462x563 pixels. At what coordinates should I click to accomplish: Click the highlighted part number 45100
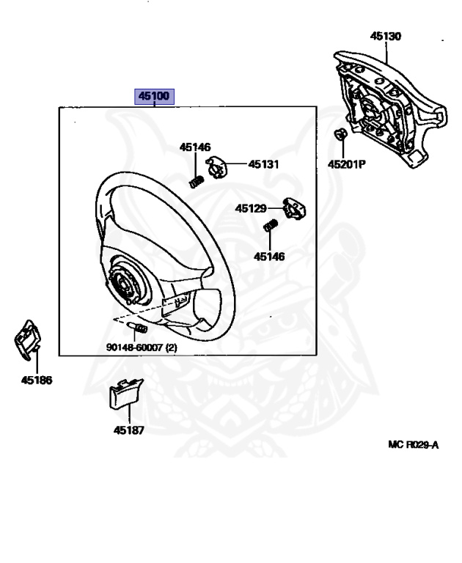point(153,96)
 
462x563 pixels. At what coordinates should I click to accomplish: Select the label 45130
point(385,35)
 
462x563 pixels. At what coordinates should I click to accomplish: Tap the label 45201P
point(346,164)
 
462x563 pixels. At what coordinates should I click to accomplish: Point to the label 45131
point(263,164)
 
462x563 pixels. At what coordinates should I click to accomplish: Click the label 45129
point(251,208)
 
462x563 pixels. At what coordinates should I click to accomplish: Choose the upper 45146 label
point(195,147)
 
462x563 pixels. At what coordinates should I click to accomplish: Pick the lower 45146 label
point(269,257)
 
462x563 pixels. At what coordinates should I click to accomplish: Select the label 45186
point(36,380)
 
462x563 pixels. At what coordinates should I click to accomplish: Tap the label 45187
point(128,430)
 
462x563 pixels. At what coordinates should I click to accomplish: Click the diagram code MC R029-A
point(413,444)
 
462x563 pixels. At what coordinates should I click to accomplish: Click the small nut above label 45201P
point(340,135)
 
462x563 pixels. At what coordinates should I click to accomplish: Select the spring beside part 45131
point(197,180)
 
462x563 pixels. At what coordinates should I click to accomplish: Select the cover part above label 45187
point(124,397)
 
